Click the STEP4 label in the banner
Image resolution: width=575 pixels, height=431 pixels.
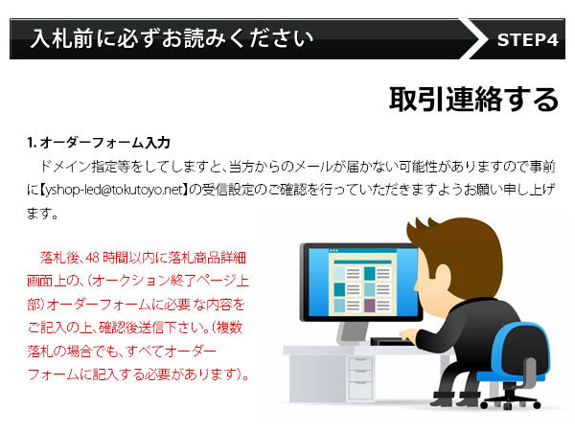(527, 39)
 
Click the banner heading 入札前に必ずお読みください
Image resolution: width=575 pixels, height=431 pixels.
(172, 38)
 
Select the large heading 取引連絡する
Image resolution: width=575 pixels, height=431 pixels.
(473, 99)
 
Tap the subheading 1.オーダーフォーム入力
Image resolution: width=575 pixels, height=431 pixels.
(99, 142)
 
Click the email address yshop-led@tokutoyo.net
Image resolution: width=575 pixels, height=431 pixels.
(114, 190)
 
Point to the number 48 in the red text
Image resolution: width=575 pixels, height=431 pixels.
(92, 258)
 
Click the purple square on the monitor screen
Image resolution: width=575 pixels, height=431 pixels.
(370, 306)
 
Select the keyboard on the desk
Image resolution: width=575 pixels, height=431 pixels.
(391, 342)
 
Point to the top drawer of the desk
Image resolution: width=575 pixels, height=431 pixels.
(360, 364)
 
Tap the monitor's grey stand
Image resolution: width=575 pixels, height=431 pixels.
(353, 332)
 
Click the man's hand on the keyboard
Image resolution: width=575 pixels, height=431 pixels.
(408, 334)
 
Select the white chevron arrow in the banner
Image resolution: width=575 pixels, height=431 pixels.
(473, 39)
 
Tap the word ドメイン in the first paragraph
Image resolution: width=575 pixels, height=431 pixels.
(65, 167)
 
